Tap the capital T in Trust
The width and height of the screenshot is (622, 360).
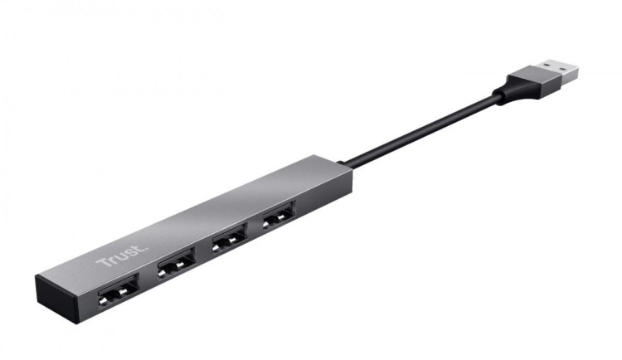tap(102, 265)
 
